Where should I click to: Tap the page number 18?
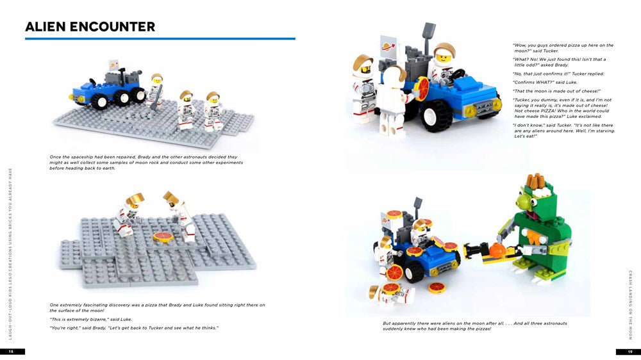pos(12,352)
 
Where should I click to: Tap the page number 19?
pos(629,352)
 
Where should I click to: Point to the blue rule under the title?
pos(160,39)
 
